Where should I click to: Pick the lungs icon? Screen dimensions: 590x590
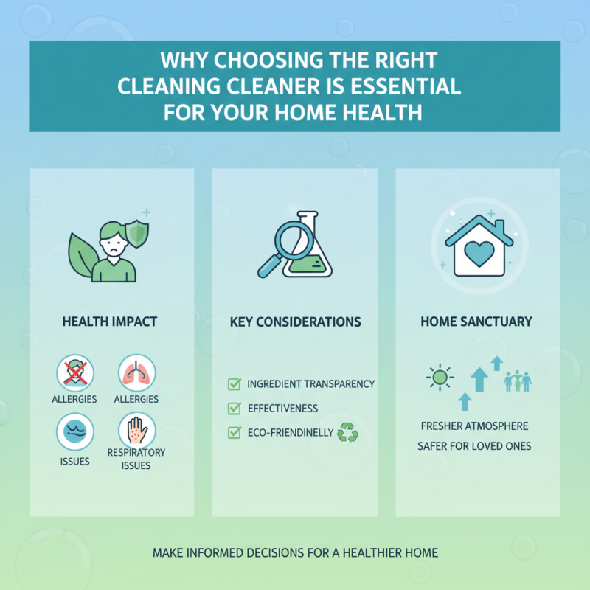[136, 373]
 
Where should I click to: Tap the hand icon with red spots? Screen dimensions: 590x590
[137, 428]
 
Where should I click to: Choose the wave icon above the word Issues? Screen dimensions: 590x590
[75, 431]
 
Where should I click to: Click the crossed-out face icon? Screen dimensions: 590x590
[75, 373]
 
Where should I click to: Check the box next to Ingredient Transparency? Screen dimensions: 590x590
[235, 384]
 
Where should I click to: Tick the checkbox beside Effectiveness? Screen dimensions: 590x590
[235, 408]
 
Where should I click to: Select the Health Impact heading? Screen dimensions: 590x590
[110, 322]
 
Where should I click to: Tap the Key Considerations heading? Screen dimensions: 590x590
[295, 322]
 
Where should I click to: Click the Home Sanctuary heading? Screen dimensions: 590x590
[476, 322]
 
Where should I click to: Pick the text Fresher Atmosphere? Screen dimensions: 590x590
[473, 426]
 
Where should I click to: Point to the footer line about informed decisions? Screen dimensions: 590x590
[295, 552]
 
